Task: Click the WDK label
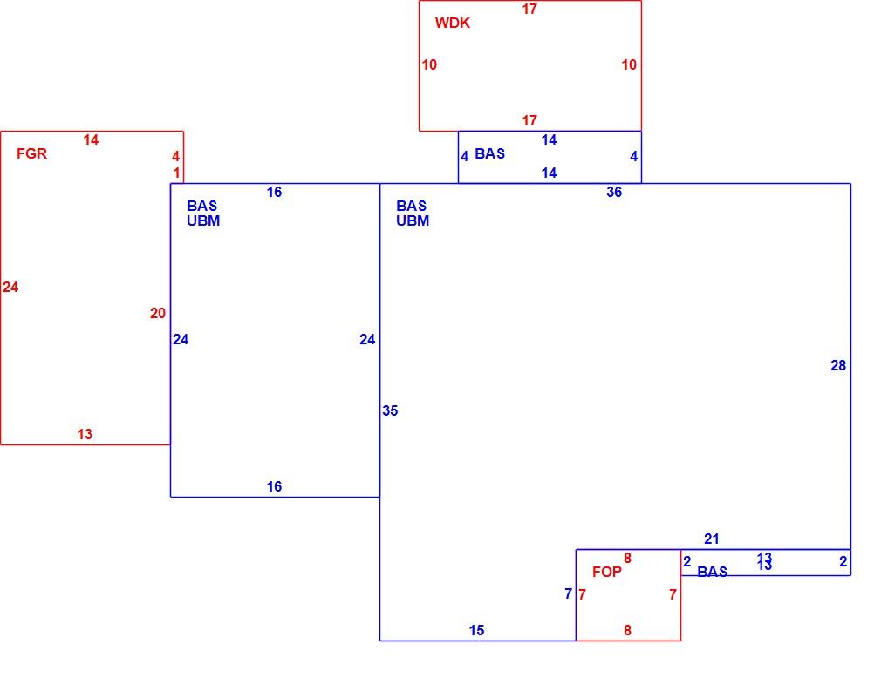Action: (453, 23)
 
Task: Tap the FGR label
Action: (31, 154)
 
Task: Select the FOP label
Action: (607, 573)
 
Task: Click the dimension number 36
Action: (614, 192)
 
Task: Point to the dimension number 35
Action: (390, 411)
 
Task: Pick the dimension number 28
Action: (838, 365)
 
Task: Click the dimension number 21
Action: (711, 539)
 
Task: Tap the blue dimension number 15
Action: (476, 631)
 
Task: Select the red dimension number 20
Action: (158, 313)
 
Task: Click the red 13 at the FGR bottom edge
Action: (85, 434)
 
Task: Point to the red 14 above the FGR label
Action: (91, 139)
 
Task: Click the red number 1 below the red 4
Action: (176, 173)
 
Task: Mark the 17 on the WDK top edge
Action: (529, 9)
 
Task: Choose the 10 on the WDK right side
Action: (629, 65)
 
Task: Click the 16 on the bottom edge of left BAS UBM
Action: (274, 487)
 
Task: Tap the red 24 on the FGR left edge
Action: (10, 288)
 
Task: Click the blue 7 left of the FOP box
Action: (568, 593)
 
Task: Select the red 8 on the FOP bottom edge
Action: (627, 631)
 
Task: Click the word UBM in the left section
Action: (203, 221)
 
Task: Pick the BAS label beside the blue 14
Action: (490, 154)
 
